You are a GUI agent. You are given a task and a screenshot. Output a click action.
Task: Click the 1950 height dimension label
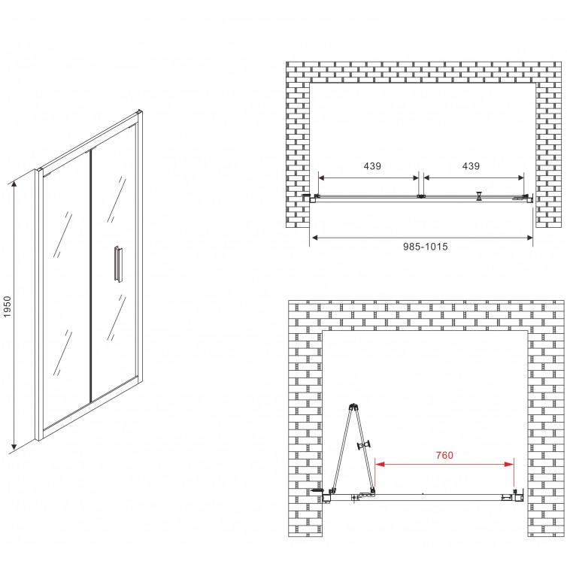(8, 307)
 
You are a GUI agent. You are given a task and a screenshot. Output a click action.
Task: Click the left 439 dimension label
(372, 166)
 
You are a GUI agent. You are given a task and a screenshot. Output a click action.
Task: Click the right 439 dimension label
(471, 166)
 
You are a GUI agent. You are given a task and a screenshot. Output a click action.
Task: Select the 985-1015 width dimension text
(426, 247)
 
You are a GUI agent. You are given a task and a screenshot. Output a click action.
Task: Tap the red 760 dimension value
(444, 455)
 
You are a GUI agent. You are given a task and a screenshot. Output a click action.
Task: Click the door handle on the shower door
(118, 263)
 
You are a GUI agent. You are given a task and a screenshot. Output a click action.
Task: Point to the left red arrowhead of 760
(379, 464)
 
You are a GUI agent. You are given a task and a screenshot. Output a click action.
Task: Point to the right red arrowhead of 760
(509, 464)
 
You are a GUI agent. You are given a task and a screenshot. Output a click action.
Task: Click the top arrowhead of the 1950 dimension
(14, 185)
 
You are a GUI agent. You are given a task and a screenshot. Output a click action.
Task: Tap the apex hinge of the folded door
(353, 406)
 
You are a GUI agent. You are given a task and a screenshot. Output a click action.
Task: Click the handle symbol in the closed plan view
(479, 196)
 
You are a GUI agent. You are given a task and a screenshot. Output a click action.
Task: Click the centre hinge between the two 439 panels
(421, 196)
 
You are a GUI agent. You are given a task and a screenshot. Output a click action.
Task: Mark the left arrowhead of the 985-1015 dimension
(315, 238)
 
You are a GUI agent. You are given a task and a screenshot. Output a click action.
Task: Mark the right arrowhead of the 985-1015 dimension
(529, 238)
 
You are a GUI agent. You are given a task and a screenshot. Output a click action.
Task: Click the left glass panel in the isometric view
(66, 290)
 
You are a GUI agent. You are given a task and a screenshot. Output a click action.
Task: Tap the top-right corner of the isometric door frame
(141, 111)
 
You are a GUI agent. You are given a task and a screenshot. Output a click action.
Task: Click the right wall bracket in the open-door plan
(519, 496)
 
